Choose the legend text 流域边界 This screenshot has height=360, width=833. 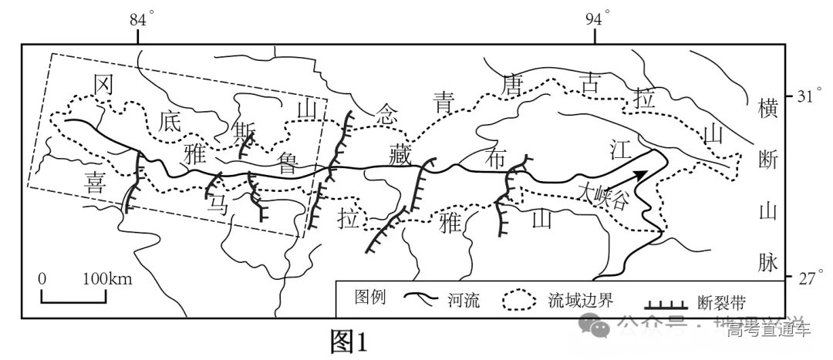pyautogui.click(x=574, y=300)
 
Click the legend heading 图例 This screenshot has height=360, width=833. pyautogui.click(x=369, y=298)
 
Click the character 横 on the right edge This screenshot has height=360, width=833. pyautogui.click(x=769, y=108)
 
